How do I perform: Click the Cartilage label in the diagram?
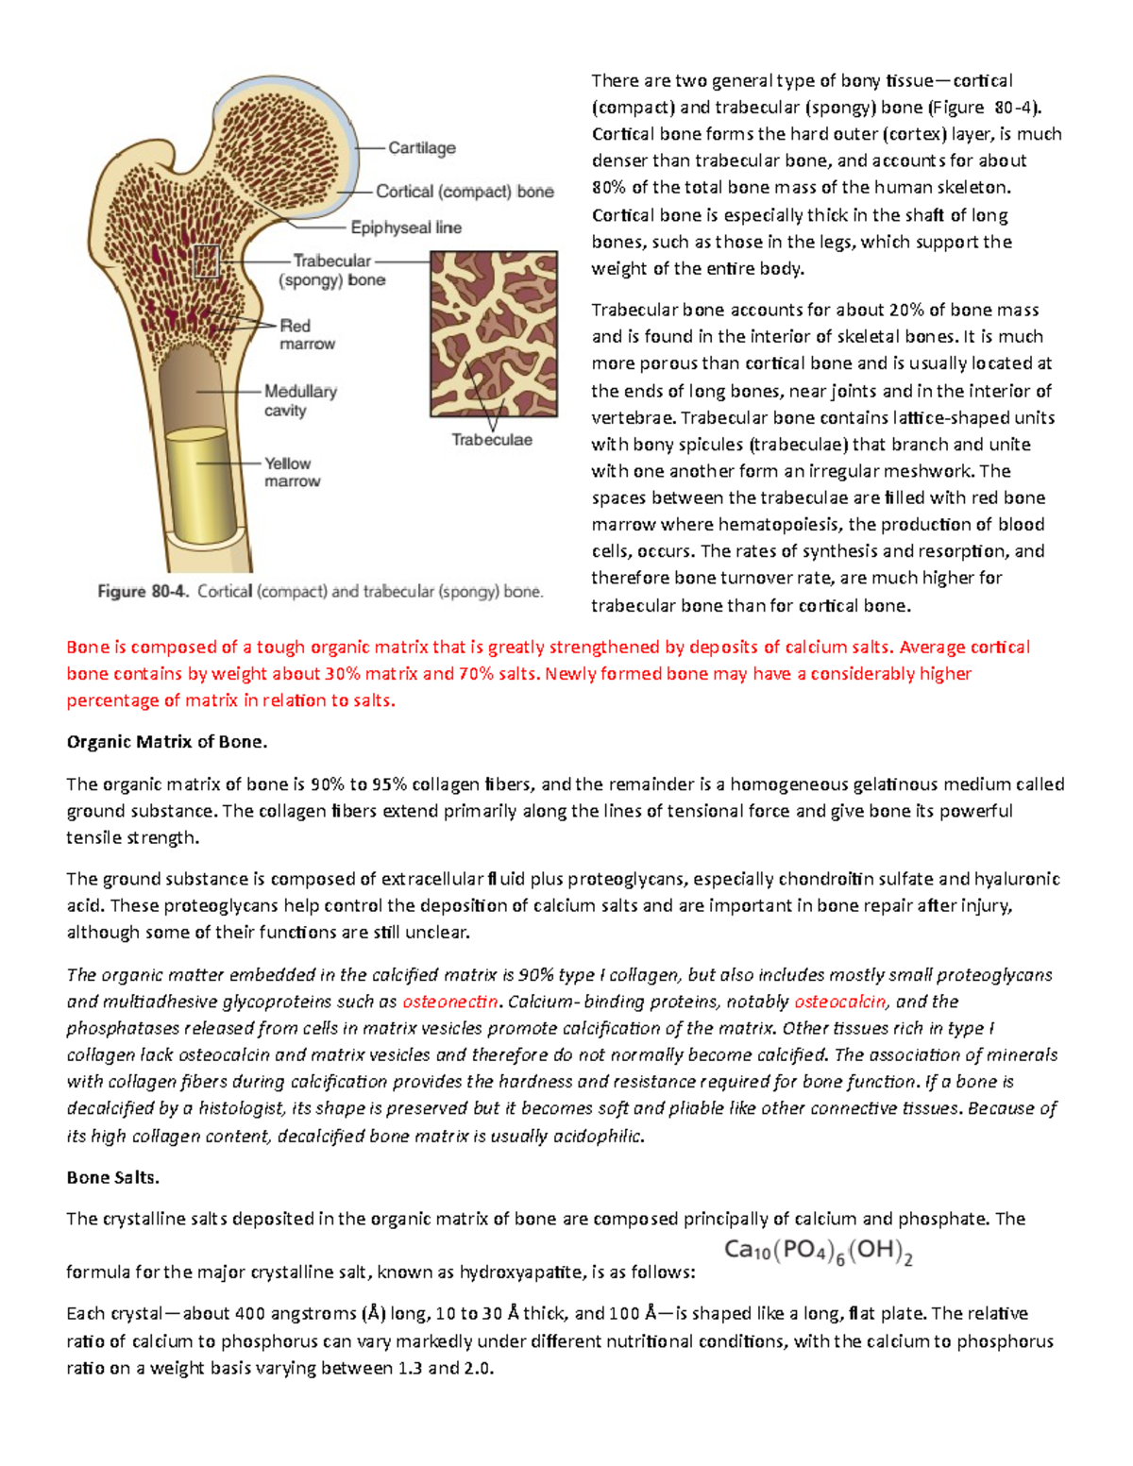click(x=421, y=148)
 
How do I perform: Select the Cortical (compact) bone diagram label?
click(x=465, y=192)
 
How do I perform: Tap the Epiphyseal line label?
click(x=406, y=227)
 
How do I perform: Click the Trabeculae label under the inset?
click(x=491, y=440)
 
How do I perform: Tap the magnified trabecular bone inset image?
click(x=494, y=333)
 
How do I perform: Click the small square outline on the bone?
click(x=206, y=261)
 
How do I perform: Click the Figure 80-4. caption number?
click(x=144, y=592)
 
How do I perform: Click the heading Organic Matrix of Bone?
click(x=167, y=742)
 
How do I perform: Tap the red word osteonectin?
click(x=449, y=1002)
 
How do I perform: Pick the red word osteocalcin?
click(x=840, y=1002)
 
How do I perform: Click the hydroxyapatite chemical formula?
click(x=818, y=1252)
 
